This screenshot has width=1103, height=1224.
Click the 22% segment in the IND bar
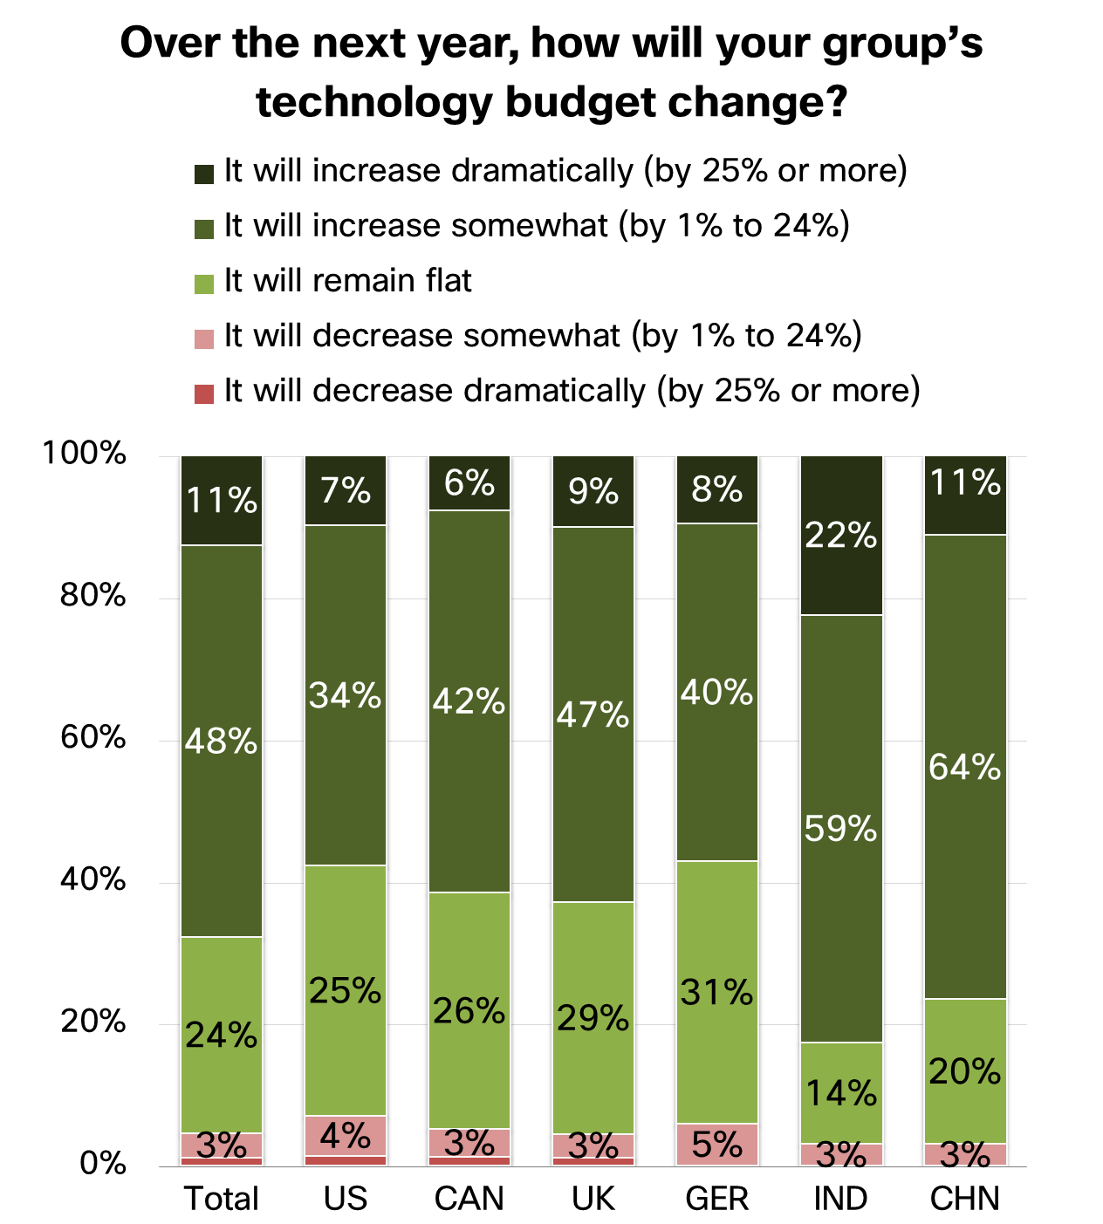click(841, 535)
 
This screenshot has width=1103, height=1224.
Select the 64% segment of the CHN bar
click(965, 766)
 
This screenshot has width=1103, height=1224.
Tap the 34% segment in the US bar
click(346, 694)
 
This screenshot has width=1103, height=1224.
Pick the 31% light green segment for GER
click(717, 992)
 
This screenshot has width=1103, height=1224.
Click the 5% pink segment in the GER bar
click(717, 1144)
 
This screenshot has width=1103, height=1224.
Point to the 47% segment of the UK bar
click(593, 714)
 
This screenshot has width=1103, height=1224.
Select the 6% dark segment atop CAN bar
click(469, 482)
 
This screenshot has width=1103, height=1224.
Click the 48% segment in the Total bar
click(222, 741)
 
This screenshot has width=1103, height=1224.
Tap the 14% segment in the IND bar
click(841, 1092)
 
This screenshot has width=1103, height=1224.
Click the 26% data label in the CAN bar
click(469, 1011)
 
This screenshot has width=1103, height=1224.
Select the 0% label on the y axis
click(103, 1163)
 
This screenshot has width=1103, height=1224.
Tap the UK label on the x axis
click(593, 1199)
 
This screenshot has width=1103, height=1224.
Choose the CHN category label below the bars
click(965, 1199)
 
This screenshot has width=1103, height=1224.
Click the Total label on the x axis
click(222, 1199)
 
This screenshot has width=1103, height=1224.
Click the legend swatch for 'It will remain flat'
click(204, 284)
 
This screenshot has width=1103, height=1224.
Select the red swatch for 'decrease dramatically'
click(204, 393)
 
